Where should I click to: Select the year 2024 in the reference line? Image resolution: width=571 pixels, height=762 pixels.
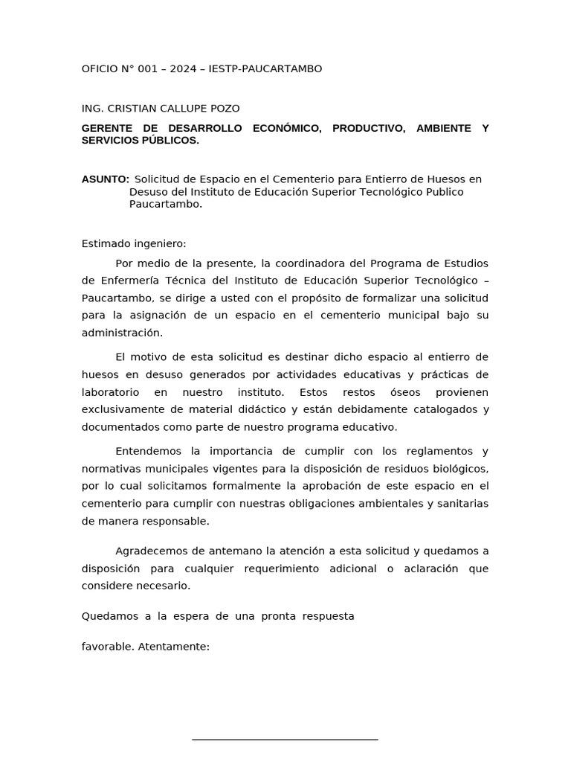(184, 69)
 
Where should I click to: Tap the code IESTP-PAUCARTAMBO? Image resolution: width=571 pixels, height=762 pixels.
(266, 69)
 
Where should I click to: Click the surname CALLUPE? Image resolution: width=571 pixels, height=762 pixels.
(183, 109)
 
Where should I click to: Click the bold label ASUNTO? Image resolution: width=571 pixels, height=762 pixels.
(105, 179)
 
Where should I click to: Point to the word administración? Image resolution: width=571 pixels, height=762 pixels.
(122, 333)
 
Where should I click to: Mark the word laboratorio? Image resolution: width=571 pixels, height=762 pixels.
(112, 392)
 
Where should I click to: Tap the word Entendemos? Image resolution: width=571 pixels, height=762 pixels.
(149, 452)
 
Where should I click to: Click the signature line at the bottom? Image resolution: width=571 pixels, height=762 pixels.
(285, 740)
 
